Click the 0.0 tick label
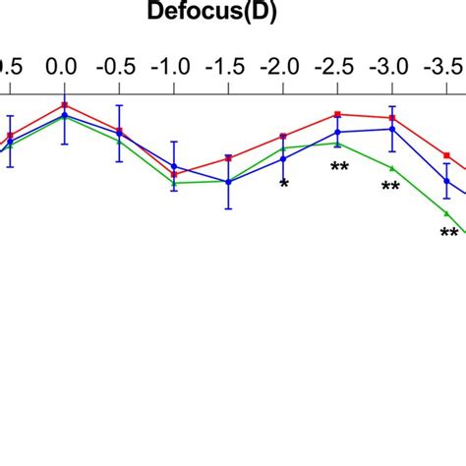click(64, 67)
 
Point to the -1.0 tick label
click(172, 67)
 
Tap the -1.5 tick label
click(227, 67)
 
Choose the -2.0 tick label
click(282, 67)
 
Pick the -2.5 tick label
click(336, 67)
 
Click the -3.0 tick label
click(391, 67)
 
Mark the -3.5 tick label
click(444, 67)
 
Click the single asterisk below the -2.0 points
click(284, 184)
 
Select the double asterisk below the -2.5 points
click(339, 167)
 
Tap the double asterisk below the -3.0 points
click(390, 187)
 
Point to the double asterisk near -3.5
click(448, 233)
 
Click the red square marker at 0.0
click(64, 104)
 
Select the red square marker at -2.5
click(337, 114)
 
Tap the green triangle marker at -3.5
click(446, 213)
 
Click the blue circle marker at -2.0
click(283, 158)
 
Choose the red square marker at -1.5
click(228, 157)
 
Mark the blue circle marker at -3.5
click(446, 181)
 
